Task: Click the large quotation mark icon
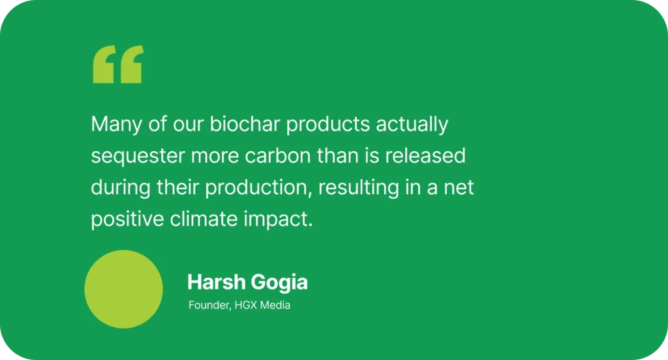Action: coord(119,65)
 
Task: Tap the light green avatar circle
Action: coord(123,290)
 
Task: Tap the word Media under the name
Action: coord(275,305)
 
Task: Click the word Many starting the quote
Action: coord(116,125)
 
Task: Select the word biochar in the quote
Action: coord(245,124)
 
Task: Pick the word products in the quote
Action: coord(328,125)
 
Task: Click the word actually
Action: coord(412,125)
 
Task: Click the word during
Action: coord(121,188)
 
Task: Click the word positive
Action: coord(127,219)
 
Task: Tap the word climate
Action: coord(204,218)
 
